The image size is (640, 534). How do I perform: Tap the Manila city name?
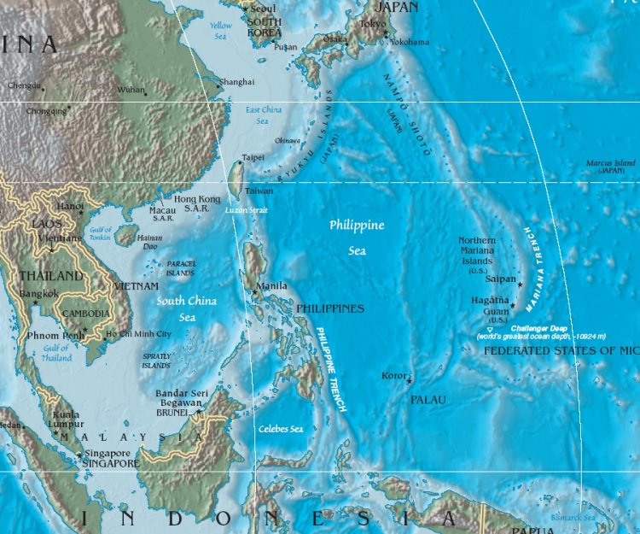pyautogui.click(x=272, y=285)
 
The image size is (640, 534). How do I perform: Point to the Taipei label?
pyautogui.click(x=253, y=157)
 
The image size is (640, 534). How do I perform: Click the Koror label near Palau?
pyautogui.click(x=393, y=375)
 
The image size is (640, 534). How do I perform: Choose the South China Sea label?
pyautogui.click(x=186, y=308)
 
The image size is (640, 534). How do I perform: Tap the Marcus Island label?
pyautogui.click(x=611, y=167)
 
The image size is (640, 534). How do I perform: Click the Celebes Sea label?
pyautogui.click(x=281, y=429)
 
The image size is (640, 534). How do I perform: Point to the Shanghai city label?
pyautogui.click(x=236, y=82)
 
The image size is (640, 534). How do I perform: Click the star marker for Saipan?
pyautogui.click(x=520, y=284)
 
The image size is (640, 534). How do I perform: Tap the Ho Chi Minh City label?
pyautogui.click(x=138, y=333)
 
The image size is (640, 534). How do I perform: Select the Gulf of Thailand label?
pyautogui.click(x=56, y=354)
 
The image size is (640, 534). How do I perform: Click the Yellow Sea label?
pyautogui.click(x=221, y=31)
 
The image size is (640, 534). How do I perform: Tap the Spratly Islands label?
pyautogui.click(x=156, y=361)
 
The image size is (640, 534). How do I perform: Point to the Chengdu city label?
pyautogui.click(x=24, y=85)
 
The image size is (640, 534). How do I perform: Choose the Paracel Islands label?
pyautogui.click(x=181, y=268)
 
